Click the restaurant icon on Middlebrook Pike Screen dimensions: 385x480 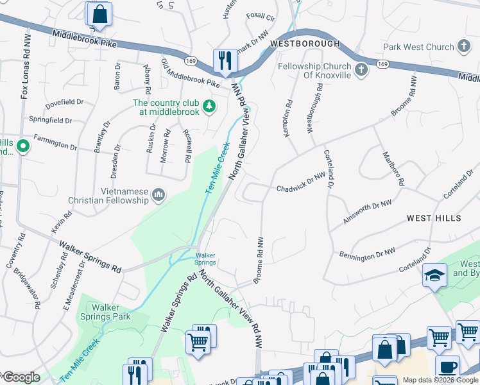[225, 61]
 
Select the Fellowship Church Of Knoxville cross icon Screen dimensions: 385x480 [361, 69]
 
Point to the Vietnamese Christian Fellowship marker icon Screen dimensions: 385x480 [159, 194]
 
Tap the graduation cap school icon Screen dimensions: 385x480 [434, 275]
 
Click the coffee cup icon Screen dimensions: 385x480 [448, 367]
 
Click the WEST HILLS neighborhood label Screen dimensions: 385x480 [434, 219]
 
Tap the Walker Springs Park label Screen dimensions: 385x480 [106, 312]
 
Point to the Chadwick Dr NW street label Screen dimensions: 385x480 [302, 185]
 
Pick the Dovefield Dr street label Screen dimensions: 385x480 [64, 102]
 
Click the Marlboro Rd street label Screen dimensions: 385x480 [393, 168]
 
